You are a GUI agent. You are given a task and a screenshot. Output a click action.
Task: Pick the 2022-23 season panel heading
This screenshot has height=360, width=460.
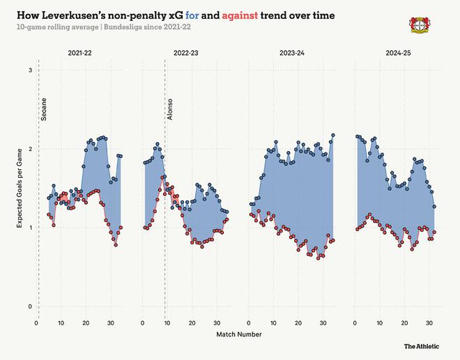pos(186,54)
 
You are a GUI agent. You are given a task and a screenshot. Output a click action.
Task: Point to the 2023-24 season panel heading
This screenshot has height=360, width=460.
pos(291,54)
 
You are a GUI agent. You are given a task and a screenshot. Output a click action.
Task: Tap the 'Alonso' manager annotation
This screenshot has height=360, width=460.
pos(170,110)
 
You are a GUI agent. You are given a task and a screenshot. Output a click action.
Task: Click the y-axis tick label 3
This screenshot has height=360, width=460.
pos(29,71)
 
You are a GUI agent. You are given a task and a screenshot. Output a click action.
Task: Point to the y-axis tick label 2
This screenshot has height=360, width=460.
pos(29,150)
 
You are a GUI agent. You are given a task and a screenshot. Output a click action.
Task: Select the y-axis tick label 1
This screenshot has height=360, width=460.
pos(29,228)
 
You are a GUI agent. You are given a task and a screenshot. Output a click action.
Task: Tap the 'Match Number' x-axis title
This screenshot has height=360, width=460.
pos(239,334)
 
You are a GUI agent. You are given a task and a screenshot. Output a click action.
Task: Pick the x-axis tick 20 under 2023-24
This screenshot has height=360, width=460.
pos(298,323)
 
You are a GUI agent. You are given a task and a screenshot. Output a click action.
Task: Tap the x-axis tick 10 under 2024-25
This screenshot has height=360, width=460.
pos(379,323)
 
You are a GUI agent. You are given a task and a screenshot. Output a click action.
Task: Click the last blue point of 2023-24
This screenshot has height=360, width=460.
pos(333,135)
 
